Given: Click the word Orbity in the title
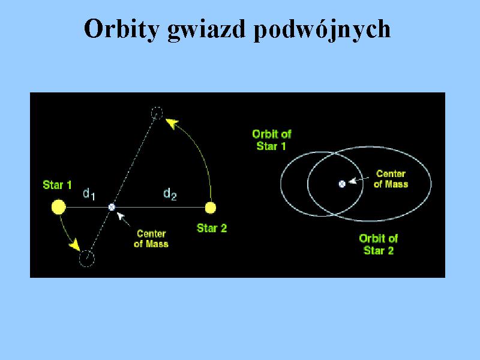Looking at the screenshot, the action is (x=122, y=29).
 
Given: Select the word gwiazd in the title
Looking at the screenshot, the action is (x=206, y=29).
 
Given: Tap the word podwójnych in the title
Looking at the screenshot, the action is (x=322, y=29).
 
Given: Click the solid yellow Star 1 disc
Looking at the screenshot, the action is (x=59, y=207).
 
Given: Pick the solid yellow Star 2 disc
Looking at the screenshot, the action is (x=211, y=208).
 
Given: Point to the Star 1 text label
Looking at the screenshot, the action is (x=57, y=185).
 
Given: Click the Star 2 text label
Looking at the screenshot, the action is (x=212, y=228).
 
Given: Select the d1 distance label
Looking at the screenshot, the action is (x=89, y=194).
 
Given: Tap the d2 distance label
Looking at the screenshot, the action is (x=170, y=194).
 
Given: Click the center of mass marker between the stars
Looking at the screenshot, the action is (x=112, y=207).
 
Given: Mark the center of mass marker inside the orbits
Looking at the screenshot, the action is (x=342, y=184).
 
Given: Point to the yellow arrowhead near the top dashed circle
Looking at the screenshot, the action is (x=172, y=124).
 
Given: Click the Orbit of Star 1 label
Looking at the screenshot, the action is (x=272, y=140).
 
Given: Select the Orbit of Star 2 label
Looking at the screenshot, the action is (x=379, y=244).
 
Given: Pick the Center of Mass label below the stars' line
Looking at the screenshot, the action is (x=151, y=239).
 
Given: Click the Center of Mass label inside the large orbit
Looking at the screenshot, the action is (x=391, y=179).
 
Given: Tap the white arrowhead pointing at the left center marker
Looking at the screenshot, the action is (x=121, y=216).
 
